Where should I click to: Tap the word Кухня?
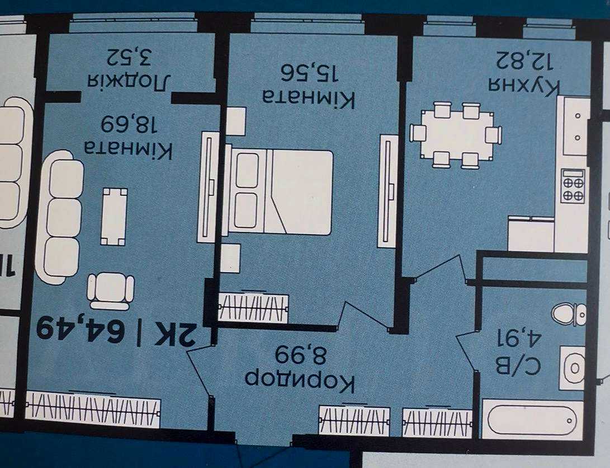(x=524, y=88)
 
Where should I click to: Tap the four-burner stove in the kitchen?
(x=573, y=186)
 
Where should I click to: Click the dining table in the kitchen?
(x=456, y=135)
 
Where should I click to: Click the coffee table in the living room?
(x=114, y=217)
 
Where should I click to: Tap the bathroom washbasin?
(x=573, y=368)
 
